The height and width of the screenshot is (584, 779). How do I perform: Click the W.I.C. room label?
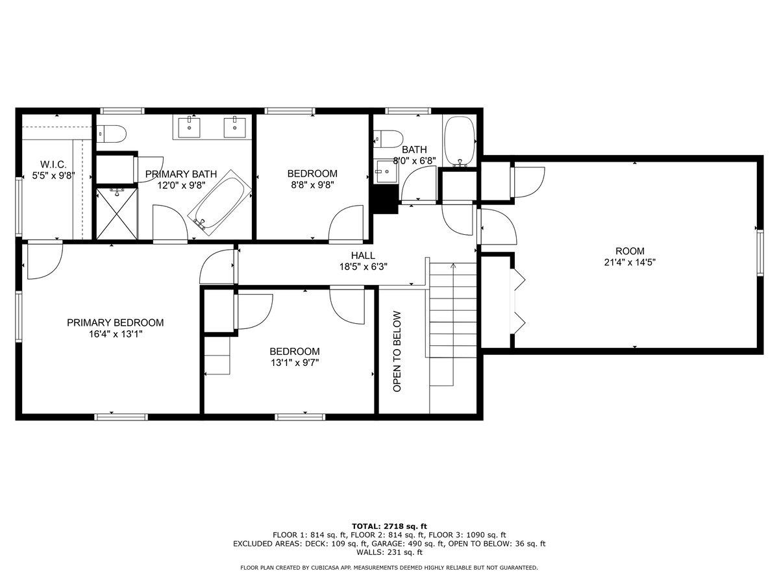[53, 165]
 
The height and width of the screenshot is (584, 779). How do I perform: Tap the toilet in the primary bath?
[112, 134]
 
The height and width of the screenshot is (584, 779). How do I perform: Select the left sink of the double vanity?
[189, 127]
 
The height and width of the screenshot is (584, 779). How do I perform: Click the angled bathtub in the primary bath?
[220, 201]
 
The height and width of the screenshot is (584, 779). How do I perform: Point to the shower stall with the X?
[117, 213]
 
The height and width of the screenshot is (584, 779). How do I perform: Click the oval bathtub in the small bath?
[460, 141]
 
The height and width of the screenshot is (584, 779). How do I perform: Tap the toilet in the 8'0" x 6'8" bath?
[388, 140]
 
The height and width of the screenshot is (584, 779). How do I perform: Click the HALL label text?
[363, 255]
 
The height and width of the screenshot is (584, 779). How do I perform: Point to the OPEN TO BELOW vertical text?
[397, 352]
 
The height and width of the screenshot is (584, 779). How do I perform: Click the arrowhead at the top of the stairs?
[453, 265]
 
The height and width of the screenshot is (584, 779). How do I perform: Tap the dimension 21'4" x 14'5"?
[630, 262]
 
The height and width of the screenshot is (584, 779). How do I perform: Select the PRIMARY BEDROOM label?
[116, 322]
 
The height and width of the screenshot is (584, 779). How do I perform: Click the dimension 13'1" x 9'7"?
[295, 363]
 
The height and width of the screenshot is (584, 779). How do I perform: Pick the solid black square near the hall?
[385, 199]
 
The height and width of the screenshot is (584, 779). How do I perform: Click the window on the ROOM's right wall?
[760, 253]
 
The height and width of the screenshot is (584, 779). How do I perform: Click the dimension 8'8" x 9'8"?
[313, 185]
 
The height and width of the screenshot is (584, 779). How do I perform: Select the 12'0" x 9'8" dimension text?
[182, 186]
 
